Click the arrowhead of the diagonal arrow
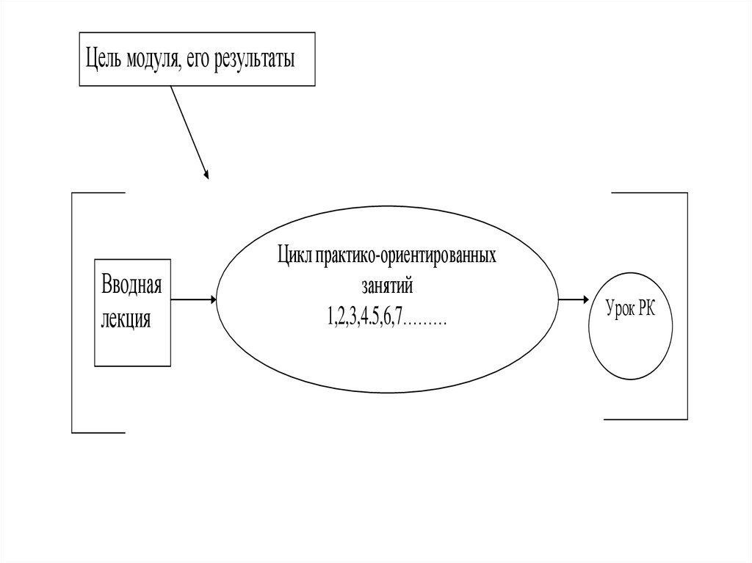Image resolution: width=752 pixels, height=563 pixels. point(206,175)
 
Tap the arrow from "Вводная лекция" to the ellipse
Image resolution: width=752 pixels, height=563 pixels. point(193,299)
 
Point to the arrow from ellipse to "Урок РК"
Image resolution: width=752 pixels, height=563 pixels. point(574,299)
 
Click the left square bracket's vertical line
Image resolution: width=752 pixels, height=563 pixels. point(73,312)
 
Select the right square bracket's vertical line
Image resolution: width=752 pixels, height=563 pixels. point(687,305)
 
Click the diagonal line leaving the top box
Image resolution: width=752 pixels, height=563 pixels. point(187,129)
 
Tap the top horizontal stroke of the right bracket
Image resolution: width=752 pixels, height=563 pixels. point(649,193)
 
